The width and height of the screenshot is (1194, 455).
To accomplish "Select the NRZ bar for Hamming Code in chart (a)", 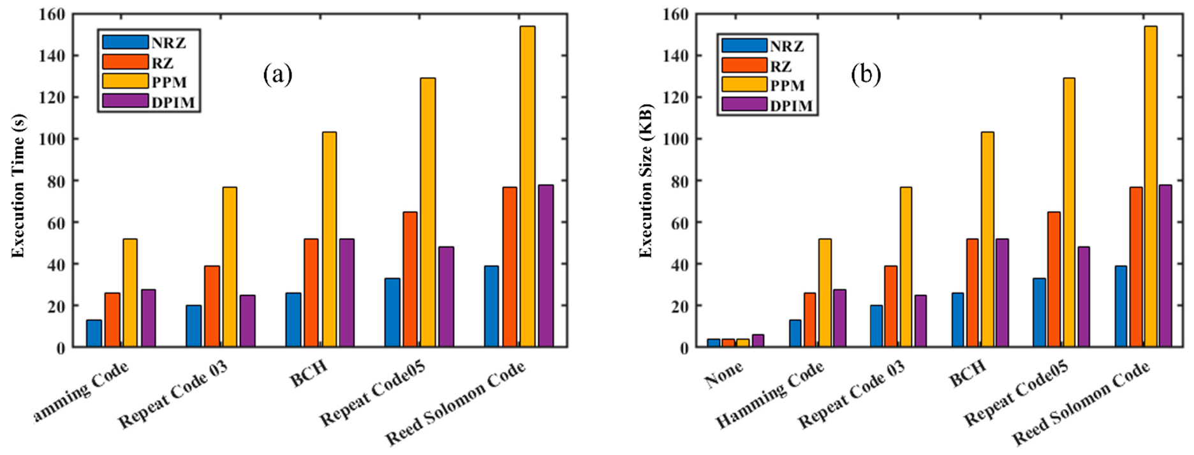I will click(x=94, y=334).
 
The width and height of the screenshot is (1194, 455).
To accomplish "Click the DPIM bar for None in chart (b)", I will click(x=758, y=341).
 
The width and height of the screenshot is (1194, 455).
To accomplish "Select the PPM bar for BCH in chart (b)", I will click(x=987, y=239).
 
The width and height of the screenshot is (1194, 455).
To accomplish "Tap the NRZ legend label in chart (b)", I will click(x=786, y=47).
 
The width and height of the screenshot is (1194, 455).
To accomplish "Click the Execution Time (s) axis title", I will click(x=18, y=185).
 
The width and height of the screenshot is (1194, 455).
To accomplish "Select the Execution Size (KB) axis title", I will click(x=646, y=180).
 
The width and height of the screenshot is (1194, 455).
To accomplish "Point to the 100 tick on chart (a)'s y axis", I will click(x=52, y=139).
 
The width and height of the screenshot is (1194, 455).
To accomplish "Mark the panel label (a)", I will click(x=277, y=75).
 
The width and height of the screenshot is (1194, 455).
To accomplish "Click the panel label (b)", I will click(x=866, y=75).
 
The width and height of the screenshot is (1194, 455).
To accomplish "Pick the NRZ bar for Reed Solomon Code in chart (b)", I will click(x=1121, y=306).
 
